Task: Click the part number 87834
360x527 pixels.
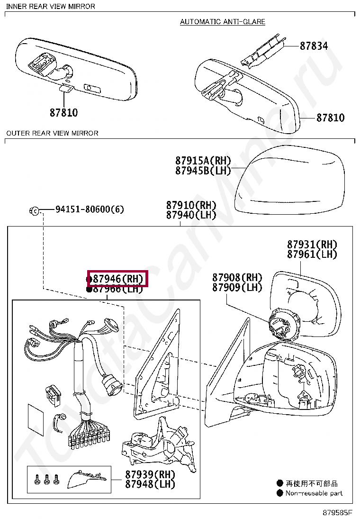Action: click(x=314, y=46)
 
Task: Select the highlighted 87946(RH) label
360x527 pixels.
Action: click(x=118, y=279)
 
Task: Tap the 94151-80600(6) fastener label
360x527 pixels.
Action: click(x=90, y=209)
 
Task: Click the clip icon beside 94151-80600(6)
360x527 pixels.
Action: click(x=35, y=210)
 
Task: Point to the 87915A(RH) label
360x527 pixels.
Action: click(x=203, y=161)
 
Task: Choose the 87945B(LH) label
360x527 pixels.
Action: click(x=203, y=171)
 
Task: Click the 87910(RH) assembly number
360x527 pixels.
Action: click(x=191, y=205)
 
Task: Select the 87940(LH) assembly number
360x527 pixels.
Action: click(x=191, y=215)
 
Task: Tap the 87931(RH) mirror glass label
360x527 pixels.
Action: click(x=312, y=245)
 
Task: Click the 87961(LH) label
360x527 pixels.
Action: click(x=312, y=254)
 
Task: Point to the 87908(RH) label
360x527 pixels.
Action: click(x=237, y=277)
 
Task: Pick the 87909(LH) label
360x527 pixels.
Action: click(x=237, y=287)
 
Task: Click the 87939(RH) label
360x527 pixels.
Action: click(x=150, y=474)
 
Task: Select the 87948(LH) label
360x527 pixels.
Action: click(x=150, y=484)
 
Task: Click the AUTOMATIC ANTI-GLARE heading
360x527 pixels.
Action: click(x=223, y=22)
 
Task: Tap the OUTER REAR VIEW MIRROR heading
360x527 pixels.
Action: click(x=52, y=133)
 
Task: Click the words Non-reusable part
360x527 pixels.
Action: click(x=314, y=493)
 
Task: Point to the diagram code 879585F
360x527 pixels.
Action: click(x=338, y=512)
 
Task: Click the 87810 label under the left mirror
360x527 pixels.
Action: click(x=63, y=113)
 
